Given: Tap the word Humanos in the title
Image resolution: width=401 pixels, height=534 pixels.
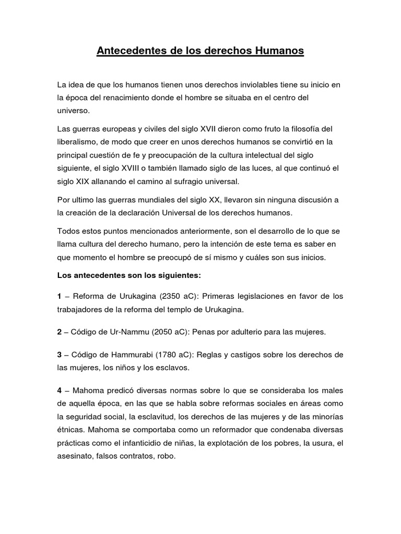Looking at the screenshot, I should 277,51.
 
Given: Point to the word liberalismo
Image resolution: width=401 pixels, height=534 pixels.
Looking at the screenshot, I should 78,142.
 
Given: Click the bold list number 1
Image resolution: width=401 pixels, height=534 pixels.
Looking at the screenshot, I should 60,296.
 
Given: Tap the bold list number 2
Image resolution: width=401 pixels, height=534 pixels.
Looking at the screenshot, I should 60,332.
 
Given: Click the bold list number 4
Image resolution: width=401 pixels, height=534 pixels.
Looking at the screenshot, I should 60,390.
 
